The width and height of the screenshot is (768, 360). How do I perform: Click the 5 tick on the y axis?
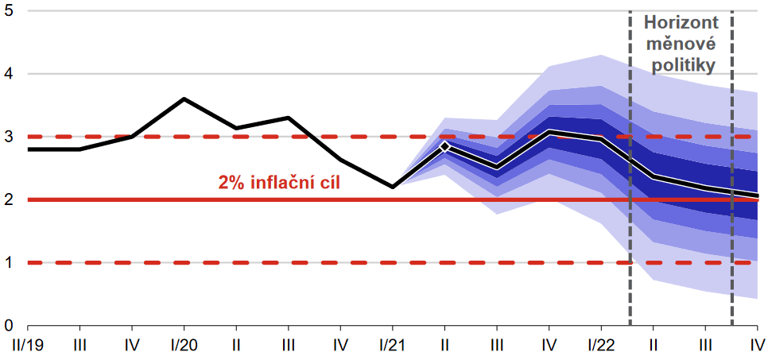(10, 12)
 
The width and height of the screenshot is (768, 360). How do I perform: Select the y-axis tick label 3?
(10, 137)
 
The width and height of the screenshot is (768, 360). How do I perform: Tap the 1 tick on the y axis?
(10, 263)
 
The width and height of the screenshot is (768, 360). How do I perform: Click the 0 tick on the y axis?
(10, 326)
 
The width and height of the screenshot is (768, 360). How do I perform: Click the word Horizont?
(680, 24)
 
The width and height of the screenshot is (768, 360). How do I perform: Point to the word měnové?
(680, 45)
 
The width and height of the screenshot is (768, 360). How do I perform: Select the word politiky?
(680, 66)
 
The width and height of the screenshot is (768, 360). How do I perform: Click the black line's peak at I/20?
(184, 99)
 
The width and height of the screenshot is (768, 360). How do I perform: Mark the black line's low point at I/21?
(392, 187)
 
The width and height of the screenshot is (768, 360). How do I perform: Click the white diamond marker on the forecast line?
(444, 146)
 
